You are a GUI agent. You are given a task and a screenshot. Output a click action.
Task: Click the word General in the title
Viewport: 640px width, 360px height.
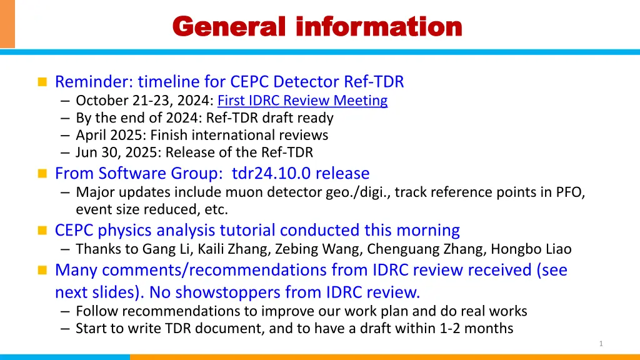(x=229, y=26)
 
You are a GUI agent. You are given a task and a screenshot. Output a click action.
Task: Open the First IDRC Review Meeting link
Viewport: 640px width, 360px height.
(x=302, y=101)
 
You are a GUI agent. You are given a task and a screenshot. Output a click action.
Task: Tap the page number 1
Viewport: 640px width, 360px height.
(x=601, y=344)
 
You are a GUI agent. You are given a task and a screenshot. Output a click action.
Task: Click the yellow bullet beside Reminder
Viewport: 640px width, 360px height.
(x=42, y=82)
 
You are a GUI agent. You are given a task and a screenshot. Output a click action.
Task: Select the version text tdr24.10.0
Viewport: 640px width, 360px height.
(x=271, y=174)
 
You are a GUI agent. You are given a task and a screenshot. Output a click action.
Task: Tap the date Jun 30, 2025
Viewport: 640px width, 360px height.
(x=118, y=152)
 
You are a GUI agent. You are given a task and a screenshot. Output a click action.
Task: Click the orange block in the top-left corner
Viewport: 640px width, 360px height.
(x=7, y=24)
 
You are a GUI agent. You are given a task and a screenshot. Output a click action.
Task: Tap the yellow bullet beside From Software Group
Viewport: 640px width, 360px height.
(x=42, y=174)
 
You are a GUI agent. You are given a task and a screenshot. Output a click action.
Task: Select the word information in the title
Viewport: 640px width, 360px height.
(x=379, y=26)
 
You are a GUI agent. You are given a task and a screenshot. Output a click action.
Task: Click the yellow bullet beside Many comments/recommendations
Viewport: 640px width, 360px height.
(x=42, y=270)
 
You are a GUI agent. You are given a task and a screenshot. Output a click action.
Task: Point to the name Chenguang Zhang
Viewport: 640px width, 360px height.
(x=425, y=249)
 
